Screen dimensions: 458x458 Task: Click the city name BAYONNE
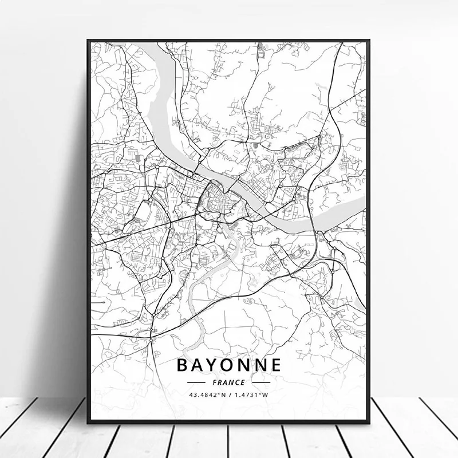point(228,364)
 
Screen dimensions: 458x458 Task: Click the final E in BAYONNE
point(275,364)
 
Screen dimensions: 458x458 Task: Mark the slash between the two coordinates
point(230,394)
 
